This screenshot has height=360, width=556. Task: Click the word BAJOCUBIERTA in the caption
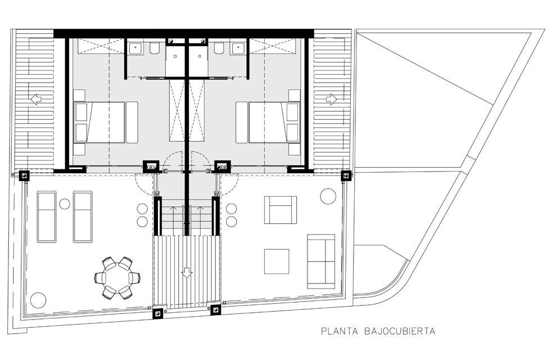click(400, 331)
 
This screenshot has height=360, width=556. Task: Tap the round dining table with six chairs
click(117, 277)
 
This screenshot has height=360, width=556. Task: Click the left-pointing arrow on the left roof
click(36, 99)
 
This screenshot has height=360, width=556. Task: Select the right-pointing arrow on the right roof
click(331, 99)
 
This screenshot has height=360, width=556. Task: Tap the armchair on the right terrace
click(281, 210)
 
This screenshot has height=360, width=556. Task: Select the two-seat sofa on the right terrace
click(321, 262)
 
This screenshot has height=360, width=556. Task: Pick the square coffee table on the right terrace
click(277, 262)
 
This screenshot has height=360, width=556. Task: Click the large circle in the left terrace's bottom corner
click(38, 300)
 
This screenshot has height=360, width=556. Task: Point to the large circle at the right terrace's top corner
click(328, 196)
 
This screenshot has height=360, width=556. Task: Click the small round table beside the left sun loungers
click(65, 204)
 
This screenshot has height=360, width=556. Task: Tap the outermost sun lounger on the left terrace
click(47, 217)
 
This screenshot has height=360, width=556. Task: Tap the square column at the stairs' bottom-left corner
click(157, 313)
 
